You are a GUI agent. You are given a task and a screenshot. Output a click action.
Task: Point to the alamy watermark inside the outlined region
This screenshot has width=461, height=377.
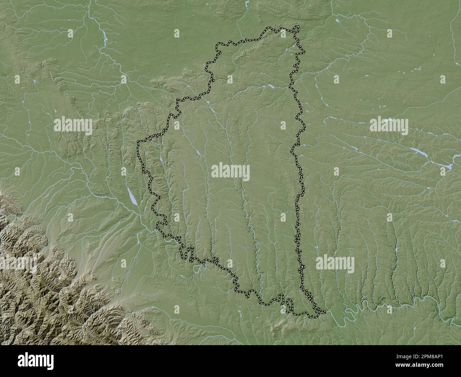pos(230,171)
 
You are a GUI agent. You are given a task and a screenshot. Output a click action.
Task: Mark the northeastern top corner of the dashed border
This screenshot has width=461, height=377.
pos(298,27)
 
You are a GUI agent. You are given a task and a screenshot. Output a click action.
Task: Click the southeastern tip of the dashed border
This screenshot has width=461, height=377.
pos(324,312)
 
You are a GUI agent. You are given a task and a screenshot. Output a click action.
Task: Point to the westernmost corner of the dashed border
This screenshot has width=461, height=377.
pos(138,142)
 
